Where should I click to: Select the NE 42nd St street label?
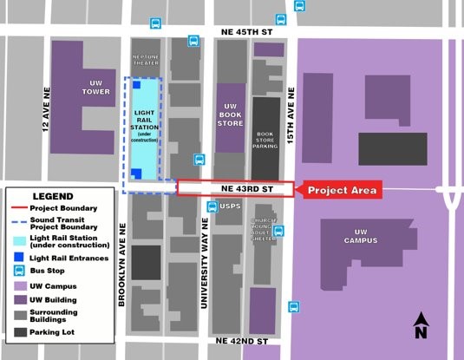coord(242,342)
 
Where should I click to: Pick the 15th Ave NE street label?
coord(291,102)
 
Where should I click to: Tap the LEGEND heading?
coord(57,197)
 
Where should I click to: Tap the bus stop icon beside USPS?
coord(212,207)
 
